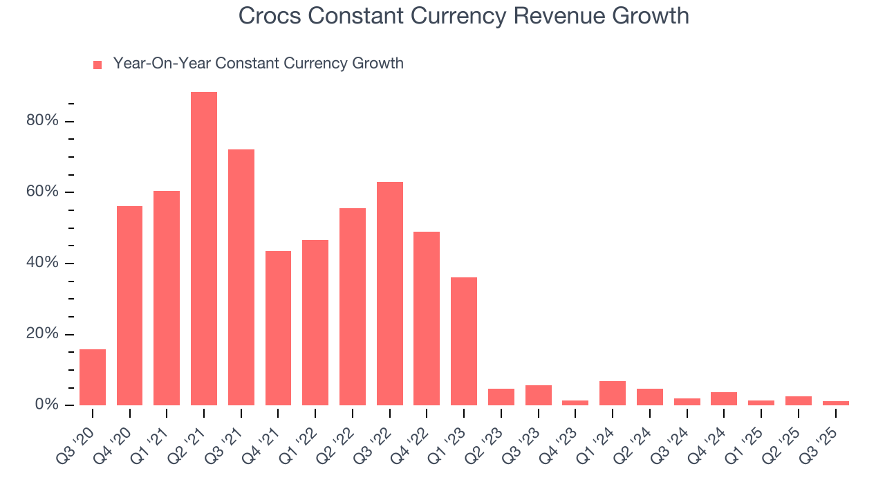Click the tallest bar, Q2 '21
(x=204, y=248)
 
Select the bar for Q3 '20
(x=93, y=377)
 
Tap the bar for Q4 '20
(x=130, y=305)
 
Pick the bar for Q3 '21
(x=241, y=277)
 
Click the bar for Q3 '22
(x=390, y=293)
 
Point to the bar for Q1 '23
(x=464, y=341)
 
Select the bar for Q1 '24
(x=613, y=393)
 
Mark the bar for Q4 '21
(x=278, y=328)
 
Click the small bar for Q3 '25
(x=835, y=403)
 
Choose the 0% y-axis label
(x=46, y=405)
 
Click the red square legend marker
(x=97, y=65)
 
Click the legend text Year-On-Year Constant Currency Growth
(x=258, y=64)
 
